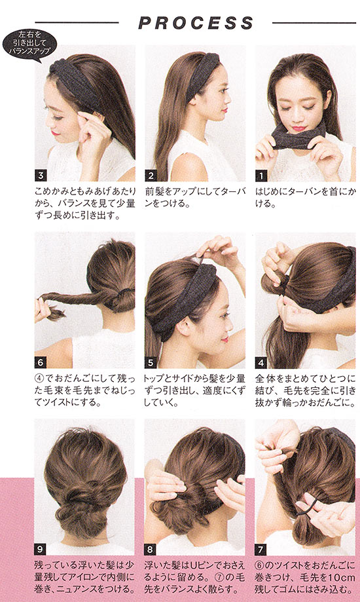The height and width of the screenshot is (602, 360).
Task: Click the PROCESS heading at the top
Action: point(196,23)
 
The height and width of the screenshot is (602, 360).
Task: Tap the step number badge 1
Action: point(261,176)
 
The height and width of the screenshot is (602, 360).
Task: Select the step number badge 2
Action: point(151,176)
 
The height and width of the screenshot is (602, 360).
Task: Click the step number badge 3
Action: point(41,176)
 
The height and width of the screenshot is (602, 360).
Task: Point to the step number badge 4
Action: point(261,362)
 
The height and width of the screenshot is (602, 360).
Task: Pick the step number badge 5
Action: point(151,362)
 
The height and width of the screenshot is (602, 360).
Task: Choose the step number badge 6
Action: point(41,362)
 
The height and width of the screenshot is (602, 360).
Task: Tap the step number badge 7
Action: point(261,550)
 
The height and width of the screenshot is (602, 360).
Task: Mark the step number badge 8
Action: point(151,550)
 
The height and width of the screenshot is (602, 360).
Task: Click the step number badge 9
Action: point(41,550)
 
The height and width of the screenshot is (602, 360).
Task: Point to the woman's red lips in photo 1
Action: point(298,128)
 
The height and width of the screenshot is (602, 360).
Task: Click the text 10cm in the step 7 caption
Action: point(339,577)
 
